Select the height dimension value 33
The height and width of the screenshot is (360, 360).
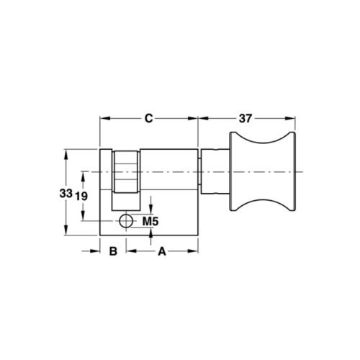66,193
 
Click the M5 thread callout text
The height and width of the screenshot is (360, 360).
150,220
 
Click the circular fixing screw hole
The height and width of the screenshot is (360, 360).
126,220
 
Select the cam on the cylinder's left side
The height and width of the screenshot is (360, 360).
126,173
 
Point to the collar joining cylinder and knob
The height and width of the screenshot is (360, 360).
214,173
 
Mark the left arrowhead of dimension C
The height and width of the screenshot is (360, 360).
102,118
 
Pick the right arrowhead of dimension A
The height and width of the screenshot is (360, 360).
195,251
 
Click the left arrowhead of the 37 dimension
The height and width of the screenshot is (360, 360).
202,118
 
